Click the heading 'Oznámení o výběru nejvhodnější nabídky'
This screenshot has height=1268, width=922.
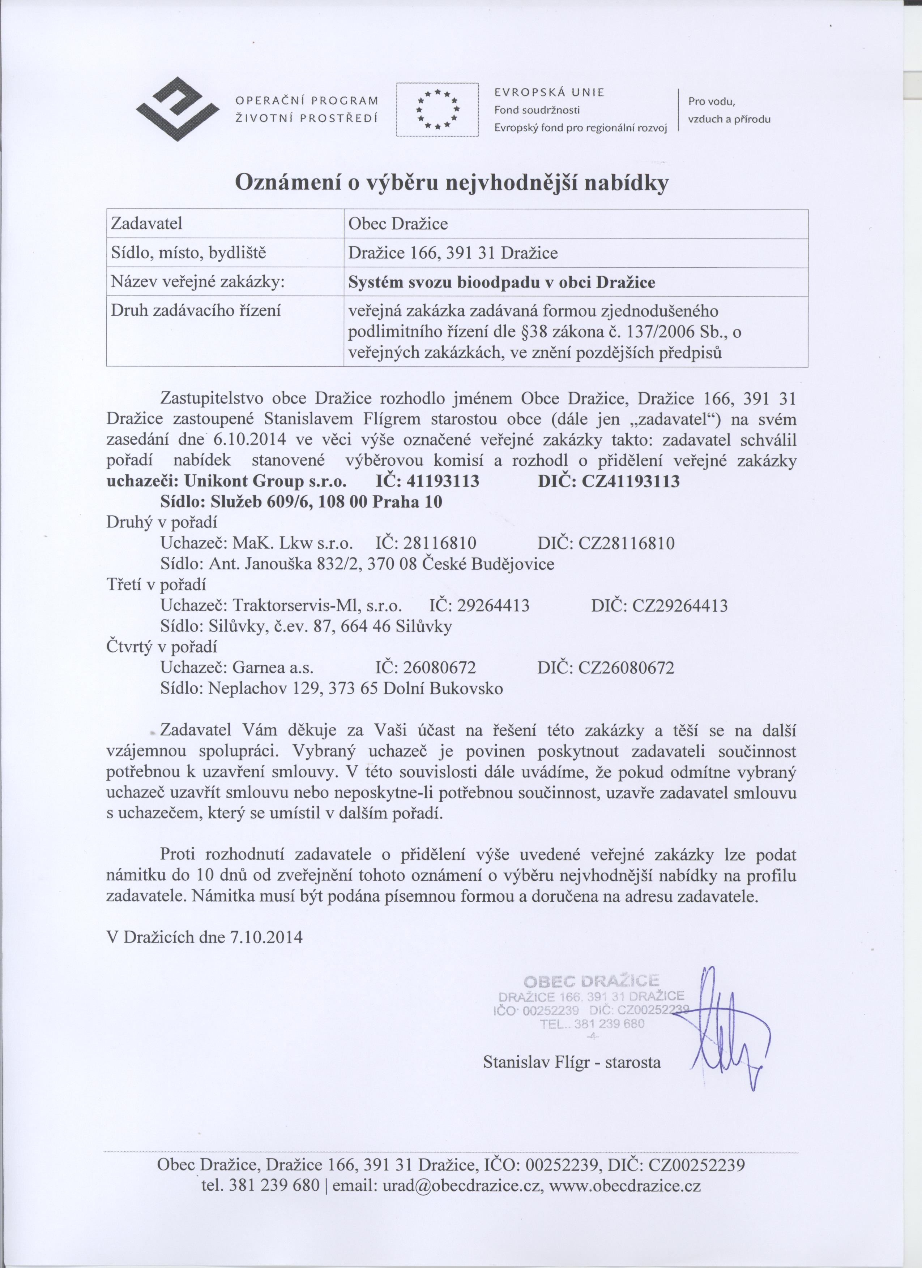pyautogui.click(x=452, y=182)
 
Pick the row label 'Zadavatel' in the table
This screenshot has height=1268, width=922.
pyautogui.click(x=146, y=224)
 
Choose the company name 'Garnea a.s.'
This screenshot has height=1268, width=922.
pyautogui.click(x=273, y=668)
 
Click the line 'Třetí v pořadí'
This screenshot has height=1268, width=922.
pyautogui.click(x=156, y=585)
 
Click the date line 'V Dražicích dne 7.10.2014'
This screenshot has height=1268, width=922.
pyautogui.click(x=204, y=937)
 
